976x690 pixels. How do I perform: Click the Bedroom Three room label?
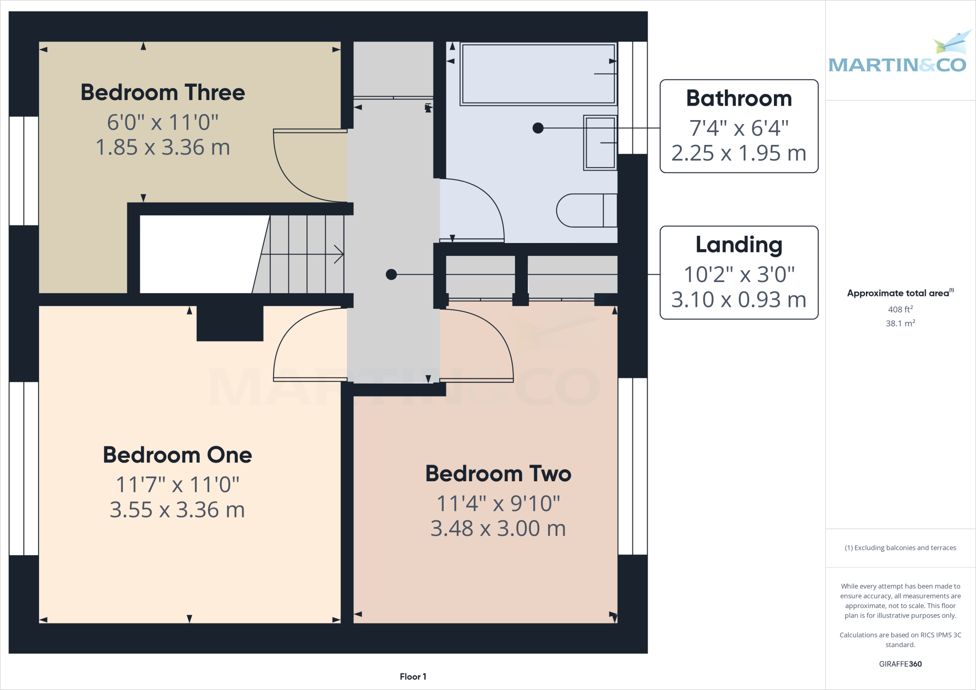click(163, 92)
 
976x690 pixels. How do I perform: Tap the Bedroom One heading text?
click(177, 455)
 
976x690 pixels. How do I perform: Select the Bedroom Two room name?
click(498, 474)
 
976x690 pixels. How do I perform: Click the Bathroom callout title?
click(739, 99)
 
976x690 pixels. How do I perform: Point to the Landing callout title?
click(739, 245)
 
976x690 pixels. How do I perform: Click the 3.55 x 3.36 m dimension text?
click(177, 510)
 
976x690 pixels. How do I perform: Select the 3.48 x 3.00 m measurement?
click(498, 528)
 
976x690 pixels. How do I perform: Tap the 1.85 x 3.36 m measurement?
click(163, 147)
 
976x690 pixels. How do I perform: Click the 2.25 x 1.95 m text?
click(739, 153)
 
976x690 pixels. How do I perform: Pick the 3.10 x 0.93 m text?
click(739, 300)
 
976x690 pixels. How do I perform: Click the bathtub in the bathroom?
click(538, 74)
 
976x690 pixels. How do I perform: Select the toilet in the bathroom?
click(586, 210)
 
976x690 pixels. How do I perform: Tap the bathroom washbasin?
click(600, 142)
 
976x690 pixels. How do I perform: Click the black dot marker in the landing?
click(391, 274)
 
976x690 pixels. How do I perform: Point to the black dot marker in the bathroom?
click(538, 128)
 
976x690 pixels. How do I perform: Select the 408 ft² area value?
click(900, 309)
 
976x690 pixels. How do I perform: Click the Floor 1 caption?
click(413, 677)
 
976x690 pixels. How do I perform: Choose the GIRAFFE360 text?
click(900, 664)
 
